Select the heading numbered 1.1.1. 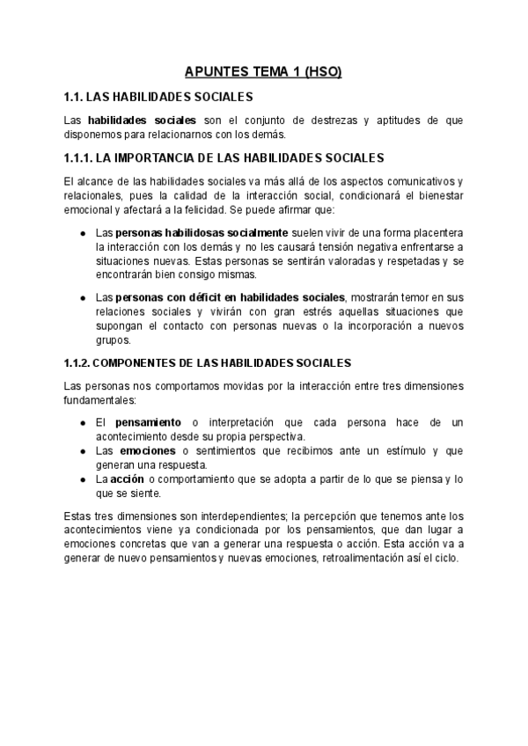tap(224, 158)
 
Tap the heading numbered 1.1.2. tap(208, 362)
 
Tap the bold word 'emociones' tap(146, 451)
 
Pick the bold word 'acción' tap(127, 479)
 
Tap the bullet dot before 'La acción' tap(82, 480)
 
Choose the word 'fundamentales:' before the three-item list tap(100, 399)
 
